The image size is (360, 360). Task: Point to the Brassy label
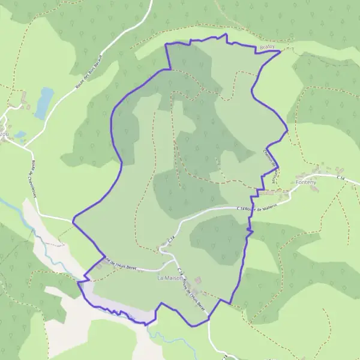click(268, 47)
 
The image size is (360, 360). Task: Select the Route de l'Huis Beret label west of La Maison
click(124, 263)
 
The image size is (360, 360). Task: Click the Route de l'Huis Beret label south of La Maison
click(193, 291)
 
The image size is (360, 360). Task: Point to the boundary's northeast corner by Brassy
click(280, 51)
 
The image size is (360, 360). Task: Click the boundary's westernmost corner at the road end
click(73, 221)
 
